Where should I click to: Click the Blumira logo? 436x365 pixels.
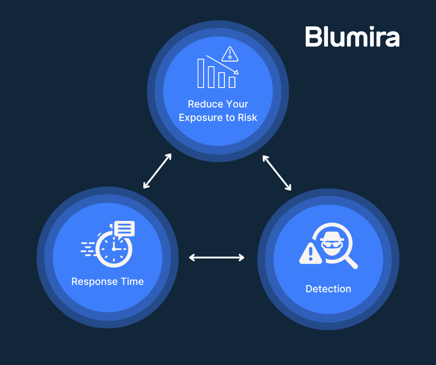(x=352, y=37)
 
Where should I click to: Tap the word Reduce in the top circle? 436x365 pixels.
(x=202, y=104)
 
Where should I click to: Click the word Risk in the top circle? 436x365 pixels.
(x=247, y=117)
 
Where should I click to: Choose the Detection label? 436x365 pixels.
(x=328, y=289)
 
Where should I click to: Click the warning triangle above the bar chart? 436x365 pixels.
(x=230, y=54)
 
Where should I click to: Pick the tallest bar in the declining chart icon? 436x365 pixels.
(x=201, y=73)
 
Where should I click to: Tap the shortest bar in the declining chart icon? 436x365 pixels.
(x=232, y=82)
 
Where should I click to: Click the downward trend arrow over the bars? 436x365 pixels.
(x=222, y=65)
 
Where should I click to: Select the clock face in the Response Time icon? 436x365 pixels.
(x=114, y=249)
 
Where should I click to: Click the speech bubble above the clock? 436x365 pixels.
(x=124, y=229)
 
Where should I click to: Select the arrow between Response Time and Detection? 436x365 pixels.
(x=217, y=258)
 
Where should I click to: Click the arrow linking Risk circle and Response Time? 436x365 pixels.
(x=158, y=171)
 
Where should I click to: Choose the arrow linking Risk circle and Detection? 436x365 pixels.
(x=277, y=173)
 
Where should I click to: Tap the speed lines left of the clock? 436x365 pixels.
(x=88, y=249)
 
